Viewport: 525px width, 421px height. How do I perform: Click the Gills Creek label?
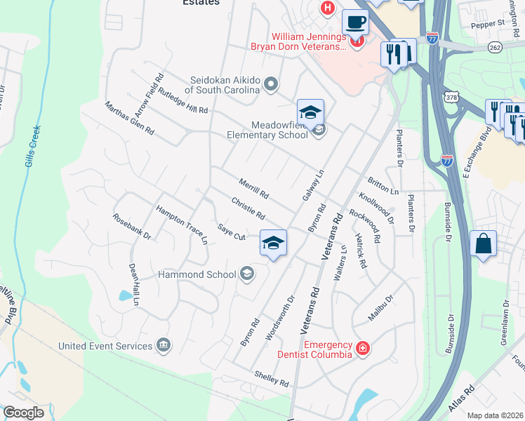click(31, 147)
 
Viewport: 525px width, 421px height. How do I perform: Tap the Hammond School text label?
click(197, 274)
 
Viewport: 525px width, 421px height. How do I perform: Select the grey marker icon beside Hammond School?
click(246, 274)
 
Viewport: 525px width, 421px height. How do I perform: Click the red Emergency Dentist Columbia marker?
click(363, 348)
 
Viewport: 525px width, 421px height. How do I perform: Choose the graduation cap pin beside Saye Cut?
click(273, 243)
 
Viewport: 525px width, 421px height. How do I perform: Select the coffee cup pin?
click(355, 22)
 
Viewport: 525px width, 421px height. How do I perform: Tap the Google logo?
click(23, 413)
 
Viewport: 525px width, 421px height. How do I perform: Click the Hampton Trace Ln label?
click(182, 225)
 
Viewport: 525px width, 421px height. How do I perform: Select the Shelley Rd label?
click(272, 380)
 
